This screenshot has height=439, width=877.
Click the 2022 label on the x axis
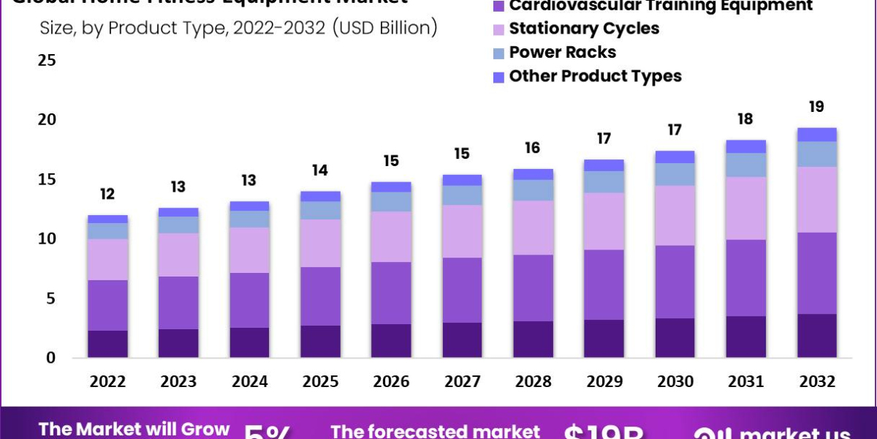[108, 381]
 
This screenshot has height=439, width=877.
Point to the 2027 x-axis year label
[462, 381]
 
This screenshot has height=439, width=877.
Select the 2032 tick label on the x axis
[816, 381]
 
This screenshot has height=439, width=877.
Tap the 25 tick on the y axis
[47, 60]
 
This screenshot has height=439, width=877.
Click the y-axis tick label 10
[47, 239]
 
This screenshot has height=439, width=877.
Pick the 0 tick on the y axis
[51, 358]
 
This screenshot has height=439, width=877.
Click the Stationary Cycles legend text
[584, 29]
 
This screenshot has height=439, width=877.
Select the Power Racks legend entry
[562, 52]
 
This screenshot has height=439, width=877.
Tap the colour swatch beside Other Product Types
[499, 77]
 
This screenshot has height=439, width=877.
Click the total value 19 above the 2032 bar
[816, 107]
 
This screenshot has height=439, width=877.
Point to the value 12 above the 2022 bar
[108, 194]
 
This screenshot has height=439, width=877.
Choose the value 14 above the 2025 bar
[320, 170]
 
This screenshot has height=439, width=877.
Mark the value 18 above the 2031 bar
[745, 119]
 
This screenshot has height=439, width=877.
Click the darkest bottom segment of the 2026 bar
[391, 340]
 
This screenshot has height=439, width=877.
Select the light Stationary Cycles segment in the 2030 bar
[675, 215]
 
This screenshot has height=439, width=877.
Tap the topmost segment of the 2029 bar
[604, 165]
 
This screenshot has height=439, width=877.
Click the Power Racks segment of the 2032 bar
[816, 154]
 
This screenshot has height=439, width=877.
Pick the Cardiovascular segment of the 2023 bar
[179, 302]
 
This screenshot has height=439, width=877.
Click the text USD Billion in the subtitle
[385, 29]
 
